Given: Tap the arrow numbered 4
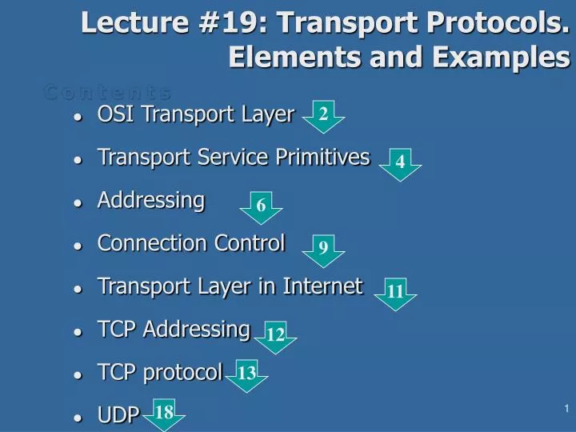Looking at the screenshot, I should click(399, 163).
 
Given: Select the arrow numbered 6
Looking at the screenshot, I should click(261, 207).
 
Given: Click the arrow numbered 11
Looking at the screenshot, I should click(395, 294).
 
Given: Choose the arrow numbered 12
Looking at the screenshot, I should click(275, 337).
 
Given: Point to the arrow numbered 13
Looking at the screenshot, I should click(246, 374).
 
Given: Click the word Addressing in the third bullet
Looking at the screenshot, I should click(151, 200).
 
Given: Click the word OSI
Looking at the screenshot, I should click(112, 114).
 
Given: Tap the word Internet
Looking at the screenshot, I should click(327, 286).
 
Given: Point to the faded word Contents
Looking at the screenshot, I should click(107, 92).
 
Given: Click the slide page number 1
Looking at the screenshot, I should click(566, 410).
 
